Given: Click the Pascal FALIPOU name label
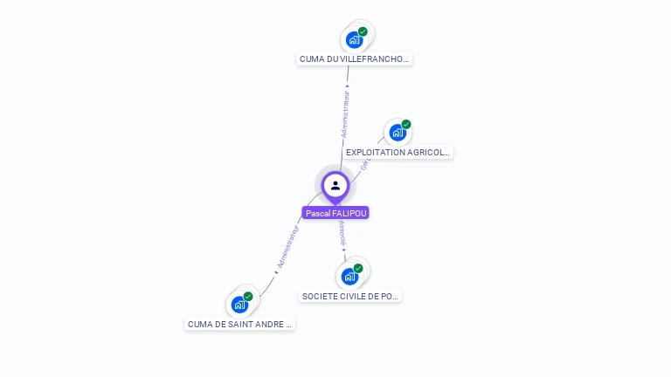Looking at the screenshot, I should pyautogui.click(x=336, y=213).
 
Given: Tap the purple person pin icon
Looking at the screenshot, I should pyautogui.click(x=335, y=185).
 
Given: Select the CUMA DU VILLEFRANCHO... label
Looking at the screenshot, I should pyautogui.click(x=354, y=59).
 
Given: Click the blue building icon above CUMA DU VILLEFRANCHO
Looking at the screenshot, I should pyautogui.click(x=353, y=39).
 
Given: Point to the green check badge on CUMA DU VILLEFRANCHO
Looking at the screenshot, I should pyautogui.click(x=363, y=31).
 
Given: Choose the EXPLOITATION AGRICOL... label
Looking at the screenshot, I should pyautogui.click(x=398, y=152).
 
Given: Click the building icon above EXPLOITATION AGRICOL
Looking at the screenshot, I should pyautogui.click(x=397, y=133).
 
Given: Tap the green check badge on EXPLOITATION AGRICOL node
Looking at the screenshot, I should pyautogui.click(x=406, y=124).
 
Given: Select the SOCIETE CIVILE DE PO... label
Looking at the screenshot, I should pyautogui.click(x=350, y=296).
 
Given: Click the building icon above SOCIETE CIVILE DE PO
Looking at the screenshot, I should pyautogui.click(x=349, y=277).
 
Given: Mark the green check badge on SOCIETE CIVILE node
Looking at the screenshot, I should pyautogui.click(x=358, y=268).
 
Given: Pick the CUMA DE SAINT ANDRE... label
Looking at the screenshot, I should pyautogui.click(x=240, y=324).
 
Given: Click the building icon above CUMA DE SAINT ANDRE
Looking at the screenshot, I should pyautogui.click(x=239, y=305).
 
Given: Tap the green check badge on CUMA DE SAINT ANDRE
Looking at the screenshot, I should pyautogui.click(x=248, y=297).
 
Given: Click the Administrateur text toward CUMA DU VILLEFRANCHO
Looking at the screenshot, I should pyautogui.click(x=346, y=113).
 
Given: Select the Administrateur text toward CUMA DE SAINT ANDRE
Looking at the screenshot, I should pyautogui.click(x=287, y=247).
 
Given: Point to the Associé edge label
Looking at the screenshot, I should pyautogui.click(x=342, y=233).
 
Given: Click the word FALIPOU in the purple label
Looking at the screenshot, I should pyautogui.click(x=349, y=213).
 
